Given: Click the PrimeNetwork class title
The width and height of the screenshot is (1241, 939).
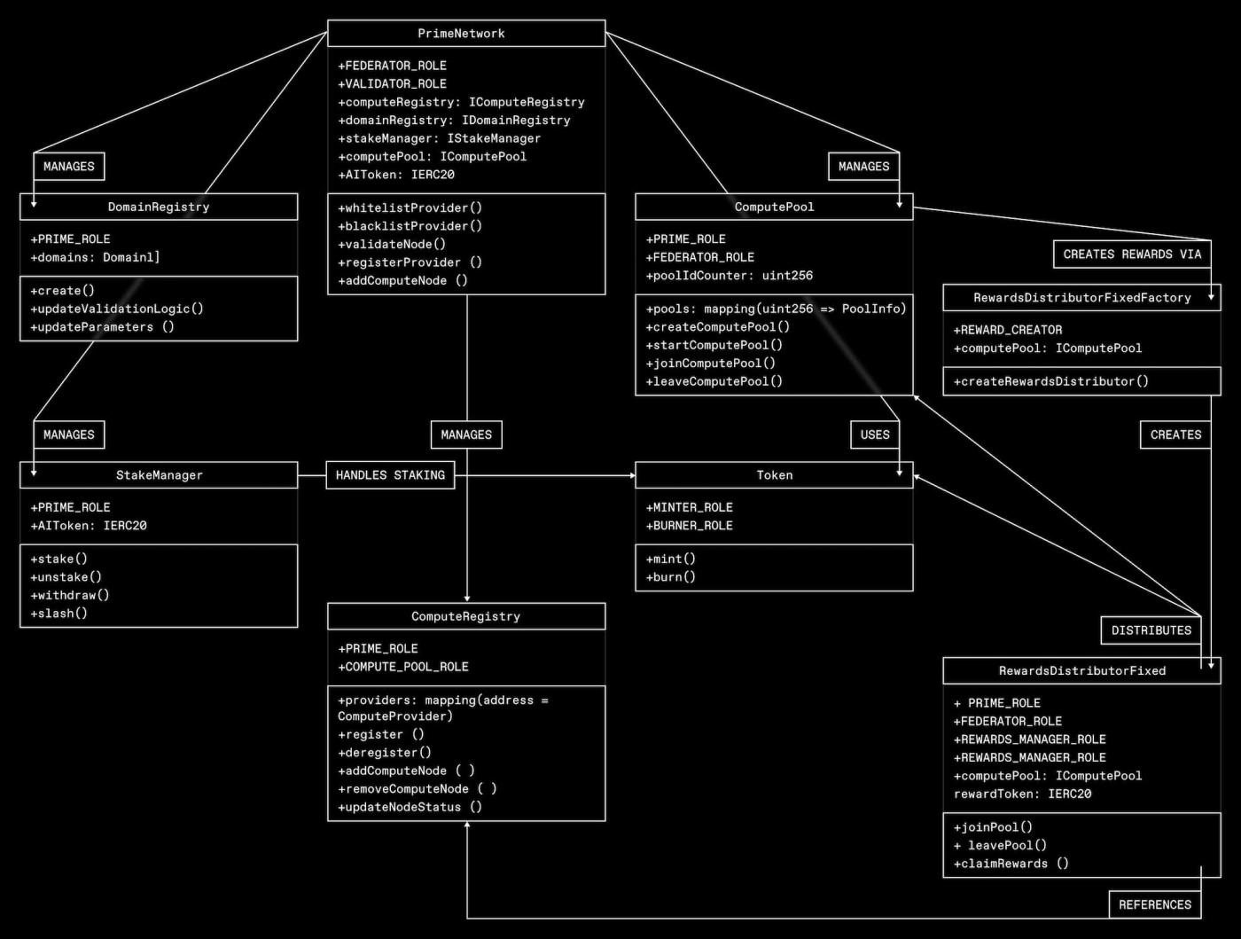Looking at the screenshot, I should [461, 34].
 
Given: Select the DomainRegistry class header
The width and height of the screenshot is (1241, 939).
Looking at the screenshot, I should [159, 207].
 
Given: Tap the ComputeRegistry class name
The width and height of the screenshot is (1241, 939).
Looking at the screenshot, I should [465, 616].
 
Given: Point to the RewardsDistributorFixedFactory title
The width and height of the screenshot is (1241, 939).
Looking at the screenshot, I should [1081, 298].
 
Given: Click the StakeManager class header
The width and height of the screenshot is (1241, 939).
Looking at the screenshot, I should [159, 475].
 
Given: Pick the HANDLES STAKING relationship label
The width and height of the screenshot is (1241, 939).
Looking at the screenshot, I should [390, 475].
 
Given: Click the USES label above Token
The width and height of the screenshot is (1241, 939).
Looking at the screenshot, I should [874, 434].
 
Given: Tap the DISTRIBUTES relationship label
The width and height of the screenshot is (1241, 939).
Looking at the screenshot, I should [1151, 630].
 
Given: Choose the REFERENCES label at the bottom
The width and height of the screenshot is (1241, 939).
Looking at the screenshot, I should [1154, 904].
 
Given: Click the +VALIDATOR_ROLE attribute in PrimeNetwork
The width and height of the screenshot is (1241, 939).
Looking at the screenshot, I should [392, 84].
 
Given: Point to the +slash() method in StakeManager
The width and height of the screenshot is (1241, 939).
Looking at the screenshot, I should [59, 614].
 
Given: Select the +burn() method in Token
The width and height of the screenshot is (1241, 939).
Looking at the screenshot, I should [670, 577].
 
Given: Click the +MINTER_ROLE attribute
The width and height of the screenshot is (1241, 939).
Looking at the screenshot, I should [689, 507].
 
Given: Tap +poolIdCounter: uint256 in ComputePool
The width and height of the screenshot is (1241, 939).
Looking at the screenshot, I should [729, 276].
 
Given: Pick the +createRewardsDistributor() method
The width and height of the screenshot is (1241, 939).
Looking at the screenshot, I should [1050, 381].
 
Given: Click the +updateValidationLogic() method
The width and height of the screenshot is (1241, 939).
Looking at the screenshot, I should [116, 309].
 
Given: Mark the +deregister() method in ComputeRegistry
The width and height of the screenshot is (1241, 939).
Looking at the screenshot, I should [384, 753].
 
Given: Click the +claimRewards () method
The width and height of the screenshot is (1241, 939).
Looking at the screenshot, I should [1011, 864].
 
